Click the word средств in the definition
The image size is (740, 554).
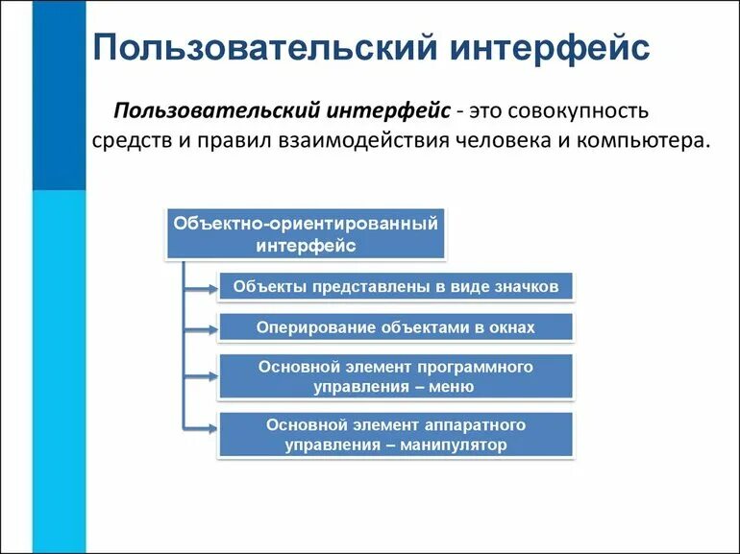[x=132, y=140]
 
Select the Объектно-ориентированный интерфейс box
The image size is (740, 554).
[x=307, y=234]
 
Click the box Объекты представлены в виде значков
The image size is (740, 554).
[x=396, y=286]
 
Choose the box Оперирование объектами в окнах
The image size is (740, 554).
[x=396, y=327]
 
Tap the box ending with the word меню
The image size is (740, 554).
[x=396, y=377]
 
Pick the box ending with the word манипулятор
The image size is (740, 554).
[x=396, y=435]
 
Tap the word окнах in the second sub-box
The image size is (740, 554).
[x=509, y=327]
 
